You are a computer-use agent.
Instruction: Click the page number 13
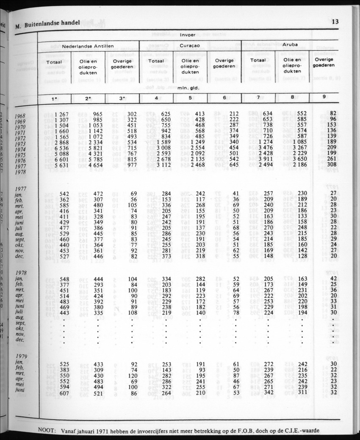point(335,22)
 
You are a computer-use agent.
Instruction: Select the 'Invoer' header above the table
point(188,35)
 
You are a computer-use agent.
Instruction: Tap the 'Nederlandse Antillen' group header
point(88,46)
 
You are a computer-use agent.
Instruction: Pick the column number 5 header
point(190,98)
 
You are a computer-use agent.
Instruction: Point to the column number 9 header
point(324,97)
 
